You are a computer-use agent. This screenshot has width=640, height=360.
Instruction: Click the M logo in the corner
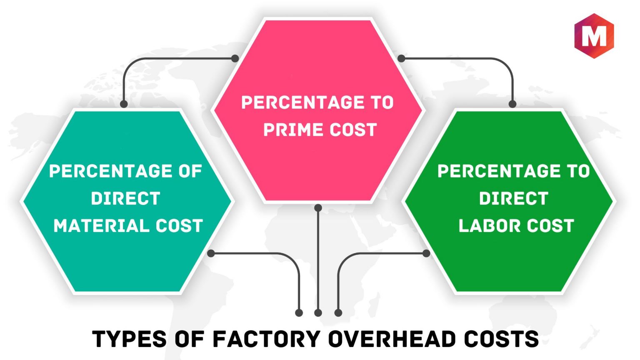pos(594,36)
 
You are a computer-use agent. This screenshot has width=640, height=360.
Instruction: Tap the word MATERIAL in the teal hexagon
pos(101,226)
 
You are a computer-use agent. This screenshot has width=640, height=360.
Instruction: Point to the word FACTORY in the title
pos(267,339)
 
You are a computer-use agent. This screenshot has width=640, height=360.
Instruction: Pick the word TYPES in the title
pos(129,339)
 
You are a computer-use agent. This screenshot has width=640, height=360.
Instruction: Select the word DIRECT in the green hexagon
pos(514,198)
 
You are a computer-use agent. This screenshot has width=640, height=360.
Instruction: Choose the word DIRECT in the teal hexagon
pos(125,198)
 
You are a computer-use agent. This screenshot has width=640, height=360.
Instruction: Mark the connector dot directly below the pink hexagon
pos(318,208)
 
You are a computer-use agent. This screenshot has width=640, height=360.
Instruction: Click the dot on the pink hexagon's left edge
pos(235,59)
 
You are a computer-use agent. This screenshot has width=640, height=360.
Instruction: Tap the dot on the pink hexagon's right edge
pos(401,59)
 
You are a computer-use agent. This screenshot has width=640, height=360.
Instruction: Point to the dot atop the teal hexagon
pos(124,104)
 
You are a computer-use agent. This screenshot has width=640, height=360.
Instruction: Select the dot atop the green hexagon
pos(512,104)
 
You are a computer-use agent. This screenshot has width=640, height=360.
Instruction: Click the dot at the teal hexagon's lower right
pos(211,253)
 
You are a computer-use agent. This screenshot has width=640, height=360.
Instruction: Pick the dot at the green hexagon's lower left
pos(426,253)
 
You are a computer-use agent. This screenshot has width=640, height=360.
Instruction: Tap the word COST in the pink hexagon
pos(353,130)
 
